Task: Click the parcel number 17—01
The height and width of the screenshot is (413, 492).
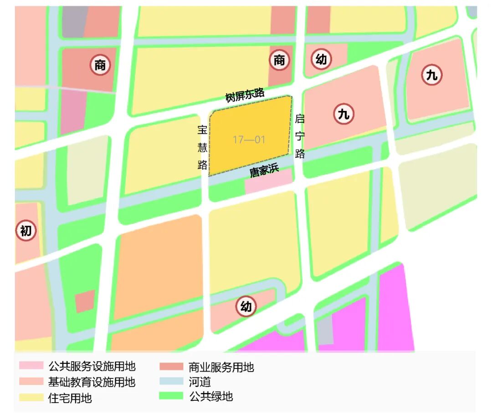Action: pos(249,140)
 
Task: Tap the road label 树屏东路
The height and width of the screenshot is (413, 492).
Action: pos(245,95)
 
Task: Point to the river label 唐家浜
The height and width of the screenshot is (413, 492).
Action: pos(264,171)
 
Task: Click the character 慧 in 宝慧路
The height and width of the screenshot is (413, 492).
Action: pos(202,147)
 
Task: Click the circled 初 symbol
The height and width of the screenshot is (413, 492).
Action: pos(26,231)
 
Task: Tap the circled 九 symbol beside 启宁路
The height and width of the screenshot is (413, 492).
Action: pos(343,114)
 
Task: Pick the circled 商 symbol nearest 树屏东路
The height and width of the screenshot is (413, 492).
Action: pos(279,60)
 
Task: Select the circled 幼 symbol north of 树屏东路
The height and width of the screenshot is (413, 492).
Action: pos(322,59)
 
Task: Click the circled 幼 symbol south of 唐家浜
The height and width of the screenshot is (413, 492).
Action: pos(246,307)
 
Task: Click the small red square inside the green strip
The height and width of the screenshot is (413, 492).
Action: pos(85,301)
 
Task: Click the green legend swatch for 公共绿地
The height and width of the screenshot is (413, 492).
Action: pos(171,396)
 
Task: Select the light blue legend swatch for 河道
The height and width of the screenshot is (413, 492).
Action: pos(171,382)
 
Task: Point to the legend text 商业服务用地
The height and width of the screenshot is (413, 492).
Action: pos(221,367)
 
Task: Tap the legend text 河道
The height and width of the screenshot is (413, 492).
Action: pos(200,382)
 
